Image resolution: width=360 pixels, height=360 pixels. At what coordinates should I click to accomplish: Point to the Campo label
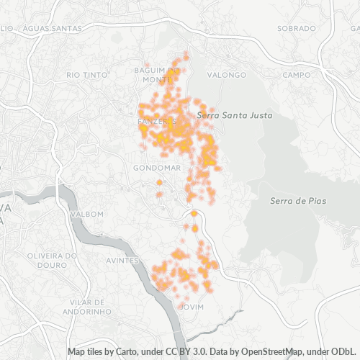(296, 74)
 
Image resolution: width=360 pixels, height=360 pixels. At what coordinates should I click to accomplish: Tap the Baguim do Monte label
(150, 74)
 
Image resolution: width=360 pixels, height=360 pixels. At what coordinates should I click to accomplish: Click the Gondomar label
(156, 168)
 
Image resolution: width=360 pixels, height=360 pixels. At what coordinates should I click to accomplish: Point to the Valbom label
(87, 214)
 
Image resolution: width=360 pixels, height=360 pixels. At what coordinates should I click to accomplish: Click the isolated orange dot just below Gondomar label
(159, 183)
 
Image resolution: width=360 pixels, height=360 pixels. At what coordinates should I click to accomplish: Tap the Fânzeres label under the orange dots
(153, 122)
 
